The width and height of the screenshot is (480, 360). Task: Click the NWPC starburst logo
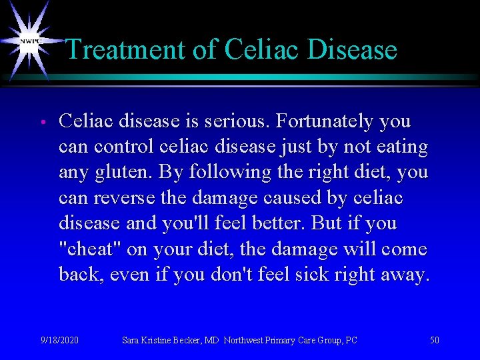point(28,41)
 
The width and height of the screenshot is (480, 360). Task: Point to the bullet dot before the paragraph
point(41,123)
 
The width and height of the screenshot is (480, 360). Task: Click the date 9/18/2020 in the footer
point(59,341)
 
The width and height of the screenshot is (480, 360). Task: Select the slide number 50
point(435,341)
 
